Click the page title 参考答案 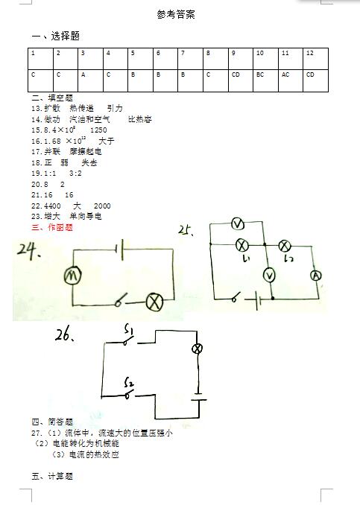pos(176,14)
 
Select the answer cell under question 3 pos(91,80)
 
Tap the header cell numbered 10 pos(265,59)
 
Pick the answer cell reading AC pos(291,80)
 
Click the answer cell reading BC pos(265,80)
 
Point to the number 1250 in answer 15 pos(98,130)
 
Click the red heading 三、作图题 pos(52,227)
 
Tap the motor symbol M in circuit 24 pos(72,276)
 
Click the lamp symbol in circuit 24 pos(154,302)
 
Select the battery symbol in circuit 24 pos(120,250)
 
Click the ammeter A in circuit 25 pos(316,276)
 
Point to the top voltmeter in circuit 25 pos(238,224)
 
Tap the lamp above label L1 pos(241,245)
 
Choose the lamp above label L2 pos(284,246)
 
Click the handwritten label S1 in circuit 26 pos(129,330)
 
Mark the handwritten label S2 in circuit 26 pos(129,382)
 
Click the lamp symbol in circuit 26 pos(197,349)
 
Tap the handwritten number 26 pos(64,335)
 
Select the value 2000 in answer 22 pos(102,206)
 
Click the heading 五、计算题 pos(52,476)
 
